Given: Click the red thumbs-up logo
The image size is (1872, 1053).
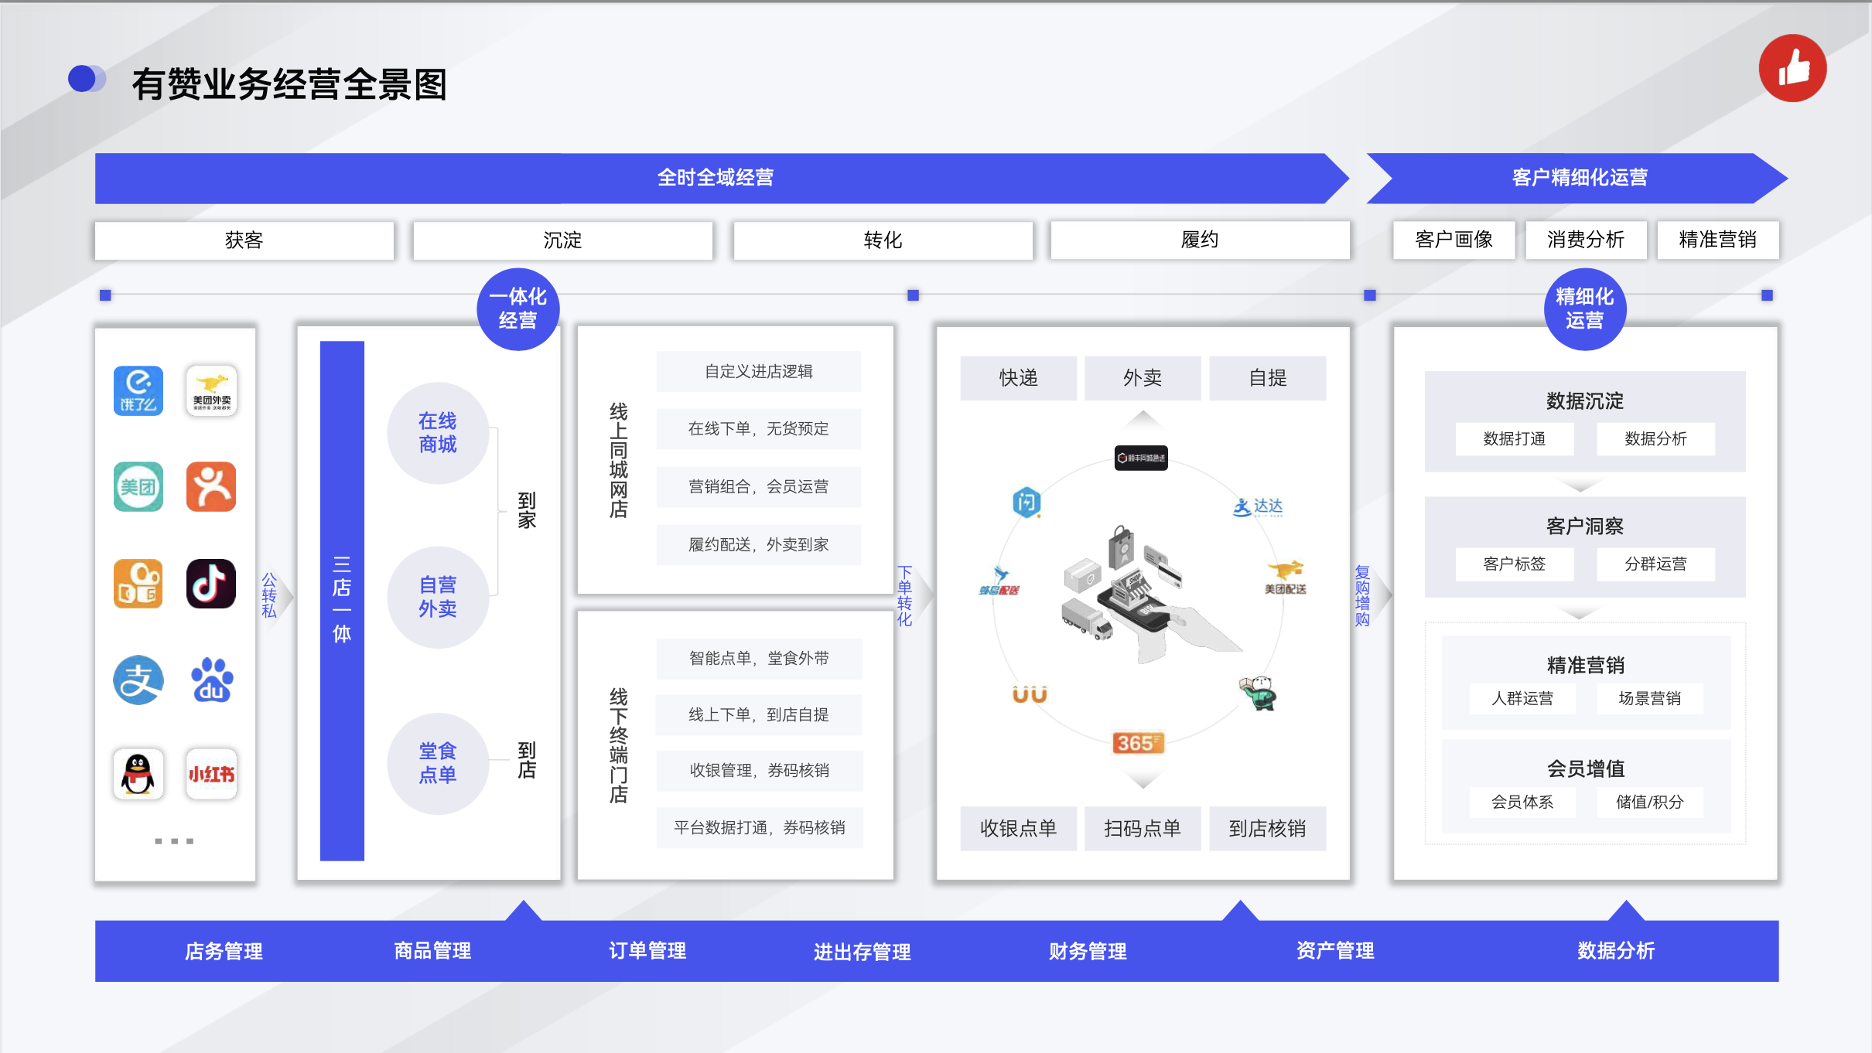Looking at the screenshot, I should [x=1792, y=68].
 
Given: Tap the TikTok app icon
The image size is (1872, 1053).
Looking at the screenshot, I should [x=210, y=584].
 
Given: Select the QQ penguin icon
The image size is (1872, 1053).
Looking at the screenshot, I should [x=138, y=773].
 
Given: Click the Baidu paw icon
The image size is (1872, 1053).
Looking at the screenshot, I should [x=211, y=680].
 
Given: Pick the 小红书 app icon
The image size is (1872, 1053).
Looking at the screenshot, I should [x=211, y=773].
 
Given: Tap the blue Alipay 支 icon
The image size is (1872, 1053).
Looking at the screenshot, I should [x=138, y=680].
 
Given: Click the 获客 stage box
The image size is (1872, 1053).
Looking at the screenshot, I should [x=244, y=240].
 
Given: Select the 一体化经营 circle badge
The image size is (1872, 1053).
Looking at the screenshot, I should [x=518, y=308].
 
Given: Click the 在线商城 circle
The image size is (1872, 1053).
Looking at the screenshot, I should [x=438, y=433].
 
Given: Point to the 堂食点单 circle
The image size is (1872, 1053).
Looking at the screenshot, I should [x=438, y=763].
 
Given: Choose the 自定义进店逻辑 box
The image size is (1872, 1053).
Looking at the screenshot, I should [x=758, y=372].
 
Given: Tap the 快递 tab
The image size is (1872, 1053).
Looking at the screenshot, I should [x=1018, y=378].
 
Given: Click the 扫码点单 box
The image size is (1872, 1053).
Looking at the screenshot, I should [x=1142, y=829].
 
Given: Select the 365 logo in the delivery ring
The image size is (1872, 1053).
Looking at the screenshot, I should [x=1137, y=743].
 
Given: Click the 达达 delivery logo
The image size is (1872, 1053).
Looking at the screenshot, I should [x=1258, y=507].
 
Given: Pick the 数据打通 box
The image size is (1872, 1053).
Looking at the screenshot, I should [x=1514, y=439].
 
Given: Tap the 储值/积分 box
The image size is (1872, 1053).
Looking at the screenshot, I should [x=1649, y=803].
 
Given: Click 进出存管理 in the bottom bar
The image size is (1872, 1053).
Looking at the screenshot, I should [x=862, y=952].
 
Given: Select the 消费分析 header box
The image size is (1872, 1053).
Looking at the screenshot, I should [x=1585, y=240].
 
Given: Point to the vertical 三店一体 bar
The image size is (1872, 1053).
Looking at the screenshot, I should [x=342, y=600].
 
